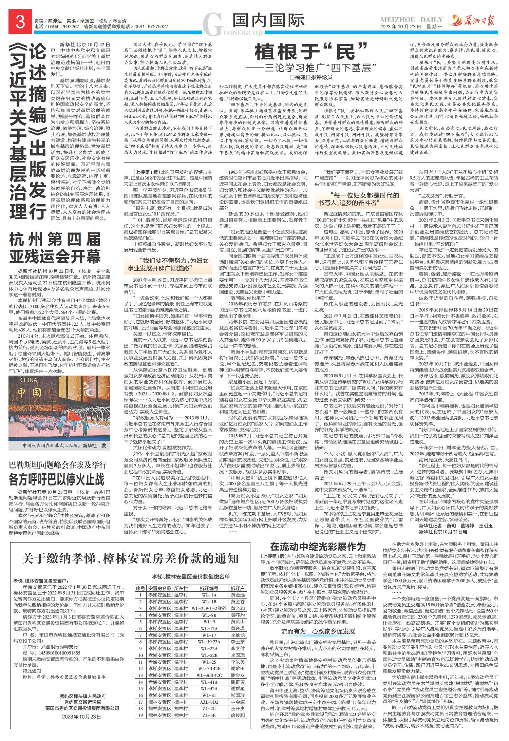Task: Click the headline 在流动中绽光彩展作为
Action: (318, 547)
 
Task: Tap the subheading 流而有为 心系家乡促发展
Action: (318, 631)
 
